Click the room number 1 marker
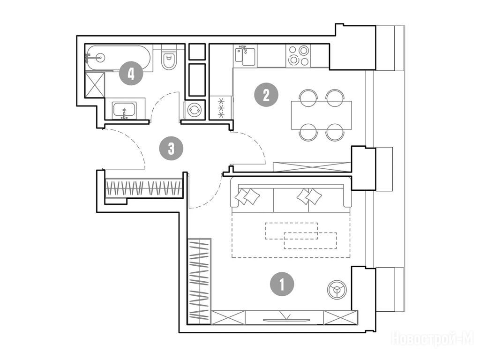coord(282,284)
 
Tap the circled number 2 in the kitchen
coord(266,95)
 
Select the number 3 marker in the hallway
coord(172,149)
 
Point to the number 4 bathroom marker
coord(131,73)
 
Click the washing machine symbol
coord(194,110)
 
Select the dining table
coord(322,115)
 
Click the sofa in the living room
coord(291,195)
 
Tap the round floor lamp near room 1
coord(336,289)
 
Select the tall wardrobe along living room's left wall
coord(199,281)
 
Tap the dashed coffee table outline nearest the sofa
coord(291,231)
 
